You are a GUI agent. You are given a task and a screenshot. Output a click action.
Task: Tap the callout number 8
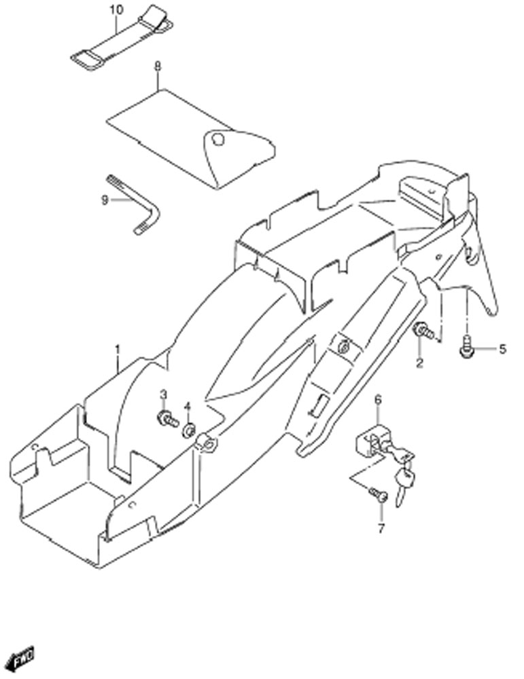click(157, 67)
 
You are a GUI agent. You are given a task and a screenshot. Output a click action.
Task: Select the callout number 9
click(105, 200)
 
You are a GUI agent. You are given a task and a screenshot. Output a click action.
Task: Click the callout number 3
click(163, 394)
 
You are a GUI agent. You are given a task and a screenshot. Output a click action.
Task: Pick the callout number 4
click(188, 406)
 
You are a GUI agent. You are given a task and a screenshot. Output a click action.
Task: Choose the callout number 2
click(419, 363)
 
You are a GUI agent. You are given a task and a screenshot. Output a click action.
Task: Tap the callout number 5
click(502, 348)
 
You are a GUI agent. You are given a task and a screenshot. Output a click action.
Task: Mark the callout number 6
click(378, 400)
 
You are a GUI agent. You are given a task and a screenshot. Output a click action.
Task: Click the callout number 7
click(381, 528)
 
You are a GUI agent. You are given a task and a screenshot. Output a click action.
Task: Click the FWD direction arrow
click(22, 659)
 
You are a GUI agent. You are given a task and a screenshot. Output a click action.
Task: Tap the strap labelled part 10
click(122, 38)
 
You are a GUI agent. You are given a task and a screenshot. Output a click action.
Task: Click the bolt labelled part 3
click(167, 419)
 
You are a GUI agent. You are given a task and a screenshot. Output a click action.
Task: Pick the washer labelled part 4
click(189, 431)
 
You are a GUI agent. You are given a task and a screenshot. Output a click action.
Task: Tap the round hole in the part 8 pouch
click(218, 139)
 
